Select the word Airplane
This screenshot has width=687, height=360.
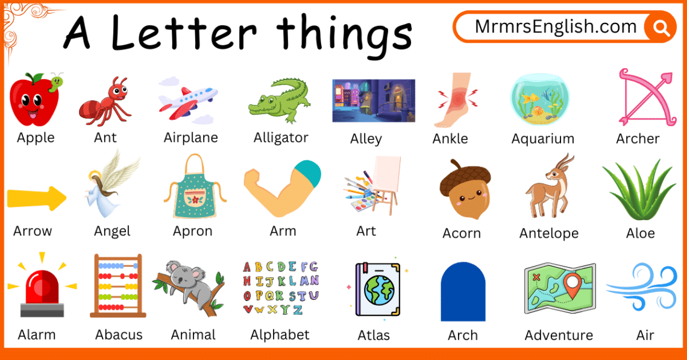(190, 137)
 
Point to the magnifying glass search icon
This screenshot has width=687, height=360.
(660, 27)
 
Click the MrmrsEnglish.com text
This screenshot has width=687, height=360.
(556, 27)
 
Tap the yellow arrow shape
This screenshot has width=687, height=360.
(37, 198)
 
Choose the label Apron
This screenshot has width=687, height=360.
(193, 231)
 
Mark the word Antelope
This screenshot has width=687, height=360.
(548, 233)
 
